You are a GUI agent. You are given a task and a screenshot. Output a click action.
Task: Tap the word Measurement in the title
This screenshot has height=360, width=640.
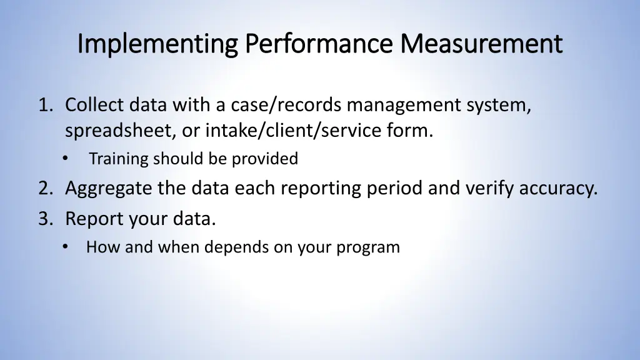pos(481,44)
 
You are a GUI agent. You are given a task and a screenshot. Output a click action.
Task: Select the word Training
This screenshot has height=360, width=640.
pos(119,159)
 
